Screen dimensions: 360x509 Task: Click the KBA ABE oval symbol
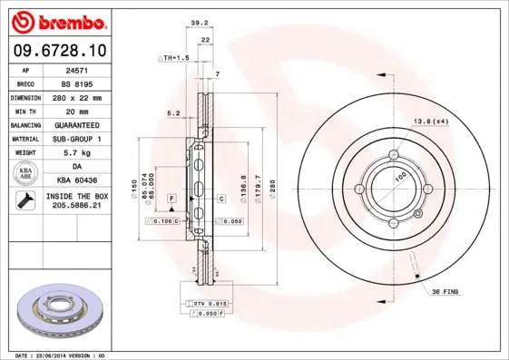coord(26,174)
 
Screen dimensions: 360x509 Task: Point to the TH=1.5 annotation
coord(175,57)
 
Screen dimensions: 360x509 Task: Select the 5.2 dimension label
coord(173,113)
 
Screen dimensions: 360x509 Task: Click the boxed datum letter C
coord(220,198)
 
